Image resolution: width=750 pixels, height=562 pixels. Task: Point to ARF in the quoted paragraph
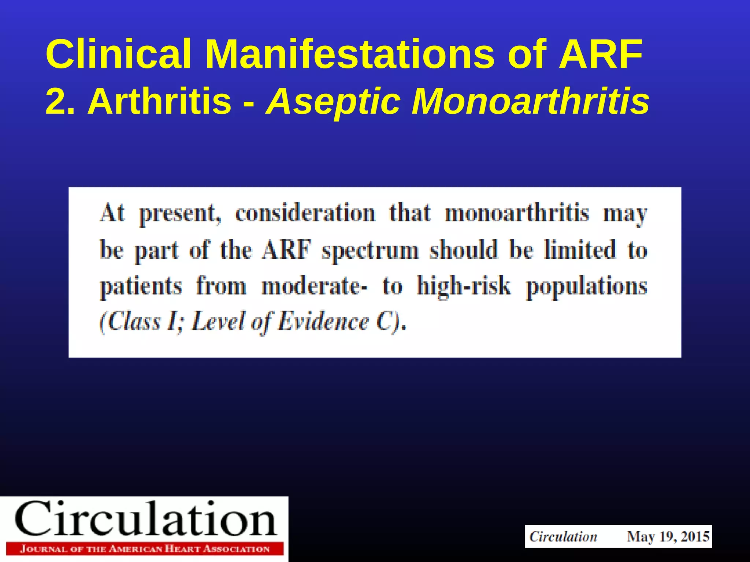click(286, 250)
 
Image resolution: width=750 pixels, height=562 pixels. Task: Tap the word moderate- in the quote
click(315, 286)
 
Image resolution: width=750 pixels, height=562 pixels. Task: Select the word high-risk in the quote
click(464, 286)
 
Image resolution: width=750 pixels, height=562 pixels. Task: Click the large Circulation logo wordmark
click(145, 519)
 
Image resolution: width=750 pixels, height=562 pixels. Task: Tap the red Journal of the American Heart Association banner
click(145, 549)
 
